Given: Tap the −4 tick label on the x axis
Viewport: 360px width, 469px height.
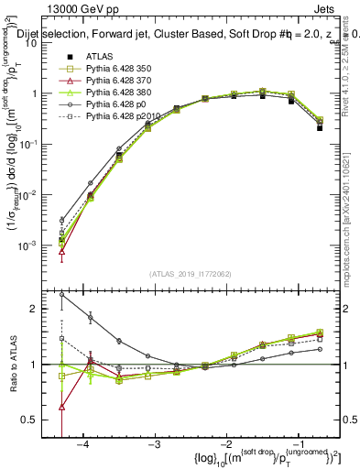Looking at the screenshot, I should tap(82, 444).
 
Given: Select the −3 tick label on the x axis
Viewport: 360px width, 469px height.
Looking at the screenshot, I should tap(155, 444).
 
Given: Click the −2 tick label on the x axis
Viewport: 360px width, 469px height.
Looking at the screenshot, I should tap(226, 444).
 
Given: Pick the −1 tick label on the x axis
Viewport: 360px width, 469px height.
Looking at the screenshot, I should tap(299, 444).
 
